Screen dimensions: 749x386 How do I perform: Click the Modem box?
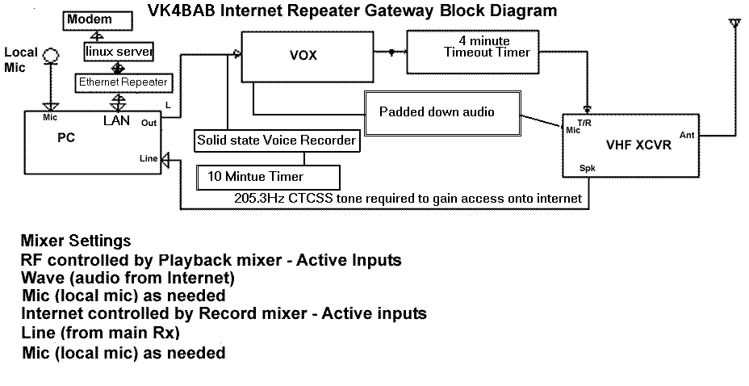click(x=98, y=20)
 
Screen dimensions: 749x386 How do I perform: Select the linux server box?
click(x=119, y=52)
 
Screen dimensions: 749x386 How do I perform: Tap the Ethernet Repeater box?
click(x=123, y=82)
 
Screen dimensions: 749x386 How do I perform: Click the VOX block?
click(x=308, y=57)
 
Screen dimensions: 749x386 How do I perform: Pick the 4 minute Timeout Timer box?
click(x=473, y=52)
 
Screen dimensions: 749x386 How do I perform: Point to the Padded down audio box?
click(x=442, y=113)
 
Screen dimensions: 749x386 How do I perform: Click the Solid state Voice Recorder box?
click(x=277, y=141)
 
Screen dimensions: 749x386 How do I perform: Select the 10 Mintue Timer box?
click(x=269, y=177)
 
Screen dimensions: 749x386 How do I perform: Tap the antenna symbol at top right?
click(x=734, y=25)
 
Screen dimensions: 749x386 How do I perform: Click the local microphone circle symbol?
click(x=51, y=56)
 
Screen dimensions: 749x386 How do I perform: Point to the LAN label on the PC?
click(x=116, y=120)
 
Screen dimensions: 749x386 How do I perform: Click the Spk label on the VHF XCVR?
click(x=587, y=168)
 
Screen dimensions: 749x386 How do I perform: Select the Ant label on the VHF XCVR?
click(x=687, y=135)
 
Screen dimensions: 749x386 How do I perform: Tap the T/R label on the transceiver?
click(x=584, y=123)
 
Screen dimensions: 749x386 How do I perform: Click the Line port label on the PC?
click(x=149, y=158)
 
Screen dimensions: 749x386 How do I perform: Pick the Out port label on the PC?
click(x=149, y=123)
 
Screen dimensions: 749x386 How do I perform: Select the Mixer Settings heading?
click(x=76, y=241)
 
